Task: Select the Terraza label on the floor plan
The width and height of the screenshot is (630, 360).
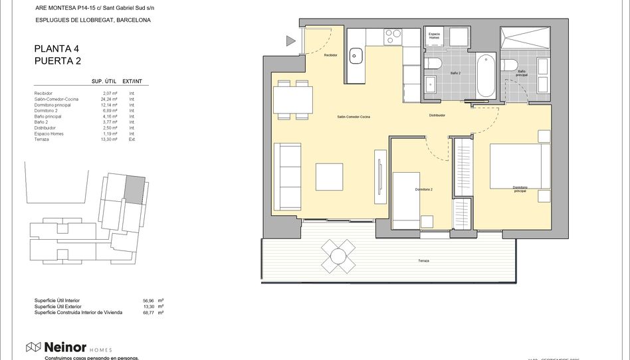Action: tap(423, 261)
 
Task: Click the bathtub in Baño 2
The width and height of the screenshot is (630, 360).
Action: tap(486, 75)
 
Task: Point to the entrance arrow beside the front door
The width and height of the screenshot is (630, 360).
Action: tap(290, 41)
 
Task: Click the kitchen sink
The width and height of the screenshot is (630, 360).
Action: tap(356, 56)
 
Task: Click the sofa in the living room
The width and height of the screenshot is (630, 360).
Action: tap(289, 176)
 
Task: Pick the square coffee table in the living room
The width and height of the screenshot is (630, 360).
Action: tap(329, 177)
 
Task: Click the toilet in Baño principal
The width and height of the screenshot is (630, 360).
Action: tap(510, 65)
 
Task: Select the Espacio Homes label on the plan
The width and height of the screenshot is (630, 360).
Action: tap(434, 36)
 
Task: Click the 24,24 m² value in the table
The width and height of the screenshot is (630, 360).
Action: tap(109, 99)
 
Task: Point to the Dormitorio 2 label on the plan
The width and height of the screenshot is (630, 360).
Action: tap(424, 189)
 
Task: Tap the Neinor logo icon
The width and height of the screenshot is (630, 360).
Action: tap(33, 347)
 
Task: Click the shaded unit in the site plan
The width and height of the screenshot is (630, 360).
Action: tap(134, 189)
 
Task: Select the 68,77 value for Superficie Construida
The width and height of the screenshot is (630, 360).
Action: tap(149, 312)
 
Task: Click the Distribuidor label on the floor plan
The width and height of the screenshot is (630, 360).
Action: tap(436, 115)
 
